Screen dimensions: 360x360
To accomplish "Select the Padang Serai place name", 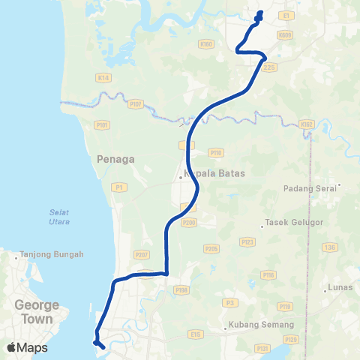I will coord(312,188).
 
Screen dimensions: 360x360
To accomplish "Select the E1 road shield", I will coord(286,15).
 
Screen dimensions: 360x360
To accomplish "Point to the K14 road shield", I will coord(103,76).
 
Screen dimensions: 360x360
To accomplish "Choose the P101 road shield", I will coord(102,124).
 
